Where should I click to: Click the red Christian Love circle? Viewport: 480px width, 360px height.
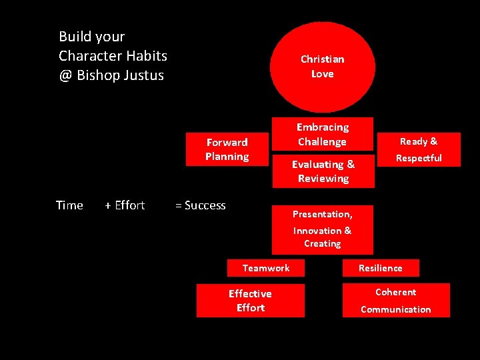point(323,67)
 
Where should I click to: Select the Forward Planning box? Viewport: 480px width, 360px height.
point(227,149)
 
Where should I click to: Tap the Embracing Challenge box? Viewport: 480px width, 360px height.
point(323,134)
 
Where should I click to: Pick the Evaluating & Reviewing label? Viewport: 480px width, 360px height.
point(323,171)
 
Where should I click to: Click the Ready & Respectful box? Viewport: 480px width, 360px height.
point(419,149)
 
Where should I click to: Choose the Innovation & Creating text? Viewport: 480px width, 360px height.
point(323,237)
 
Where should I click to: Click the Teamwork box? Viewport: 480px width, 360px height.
point(266,268)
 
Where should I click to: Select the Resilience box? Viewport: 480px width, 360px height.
point(381,268)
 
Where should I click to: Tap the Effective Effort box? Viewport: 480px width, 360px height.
point(250,301)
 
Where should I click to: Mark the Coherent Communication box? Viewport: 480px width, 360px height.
point(396,301)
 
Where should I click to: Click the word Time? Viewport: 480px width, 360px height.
point(69,205)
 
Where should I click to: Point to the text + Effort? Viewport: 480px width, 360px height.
point(125,205)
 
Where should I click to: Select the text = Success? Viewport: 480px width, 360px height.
point(200,205)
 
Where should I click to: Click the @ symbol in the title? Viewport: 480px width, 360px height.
point(65,75)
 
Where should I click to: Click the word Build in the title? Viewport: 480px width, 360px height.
point(73,37)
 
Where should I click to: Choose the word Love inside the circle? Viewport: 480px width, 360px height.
point(323,74)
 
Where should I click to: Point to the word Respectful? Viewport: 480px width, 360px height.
point(419,158)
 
